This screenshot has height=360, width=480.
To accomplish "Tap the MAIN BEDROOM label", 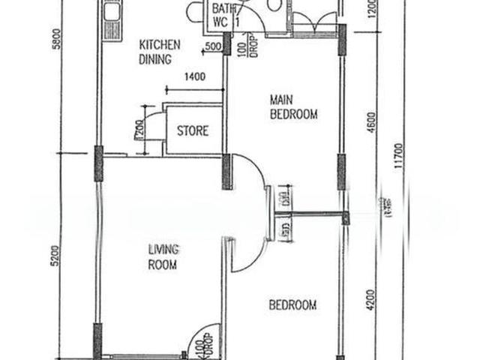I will tap(292, 106).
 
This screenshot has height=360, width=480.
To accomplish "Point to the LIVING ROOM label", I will tap(161, 257).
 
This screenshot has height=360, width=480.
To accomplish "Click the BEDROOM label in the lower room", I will tap(292, 305).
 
